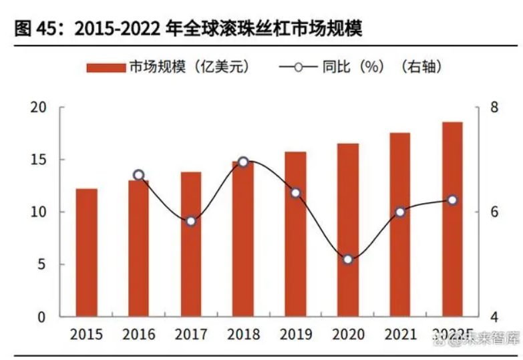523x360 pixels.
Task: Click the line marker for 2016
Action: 139,175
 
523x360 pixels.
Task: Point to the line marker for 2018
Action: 243,162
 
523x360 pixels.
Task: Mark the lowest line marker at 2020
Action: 347,259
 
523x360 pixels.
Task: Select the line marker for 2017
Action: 191,221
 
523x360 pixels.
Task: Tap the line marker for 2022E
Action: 452,200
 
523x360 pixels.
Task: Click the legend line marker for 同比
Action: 298,67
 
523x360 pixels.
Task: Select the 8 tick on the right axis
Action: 494,108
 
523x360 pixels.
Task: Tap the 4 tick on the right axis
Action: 494,317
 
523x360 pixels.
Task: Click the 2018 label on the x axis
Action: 243,334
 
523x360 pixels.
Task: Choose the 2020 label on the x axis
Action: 347,334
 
